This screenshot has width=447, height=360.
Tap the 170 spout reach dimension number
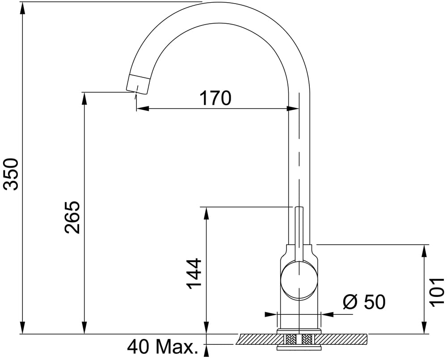[215, 98]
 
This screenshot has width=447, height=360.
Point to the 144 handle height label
[194, 274]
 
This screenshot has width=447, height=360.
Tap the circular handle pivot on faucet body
[299, 280]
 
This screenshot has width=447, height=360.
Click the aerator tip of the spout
[137, 84]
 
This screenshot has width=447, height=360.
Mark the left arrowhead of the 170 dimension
[143, 109]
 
